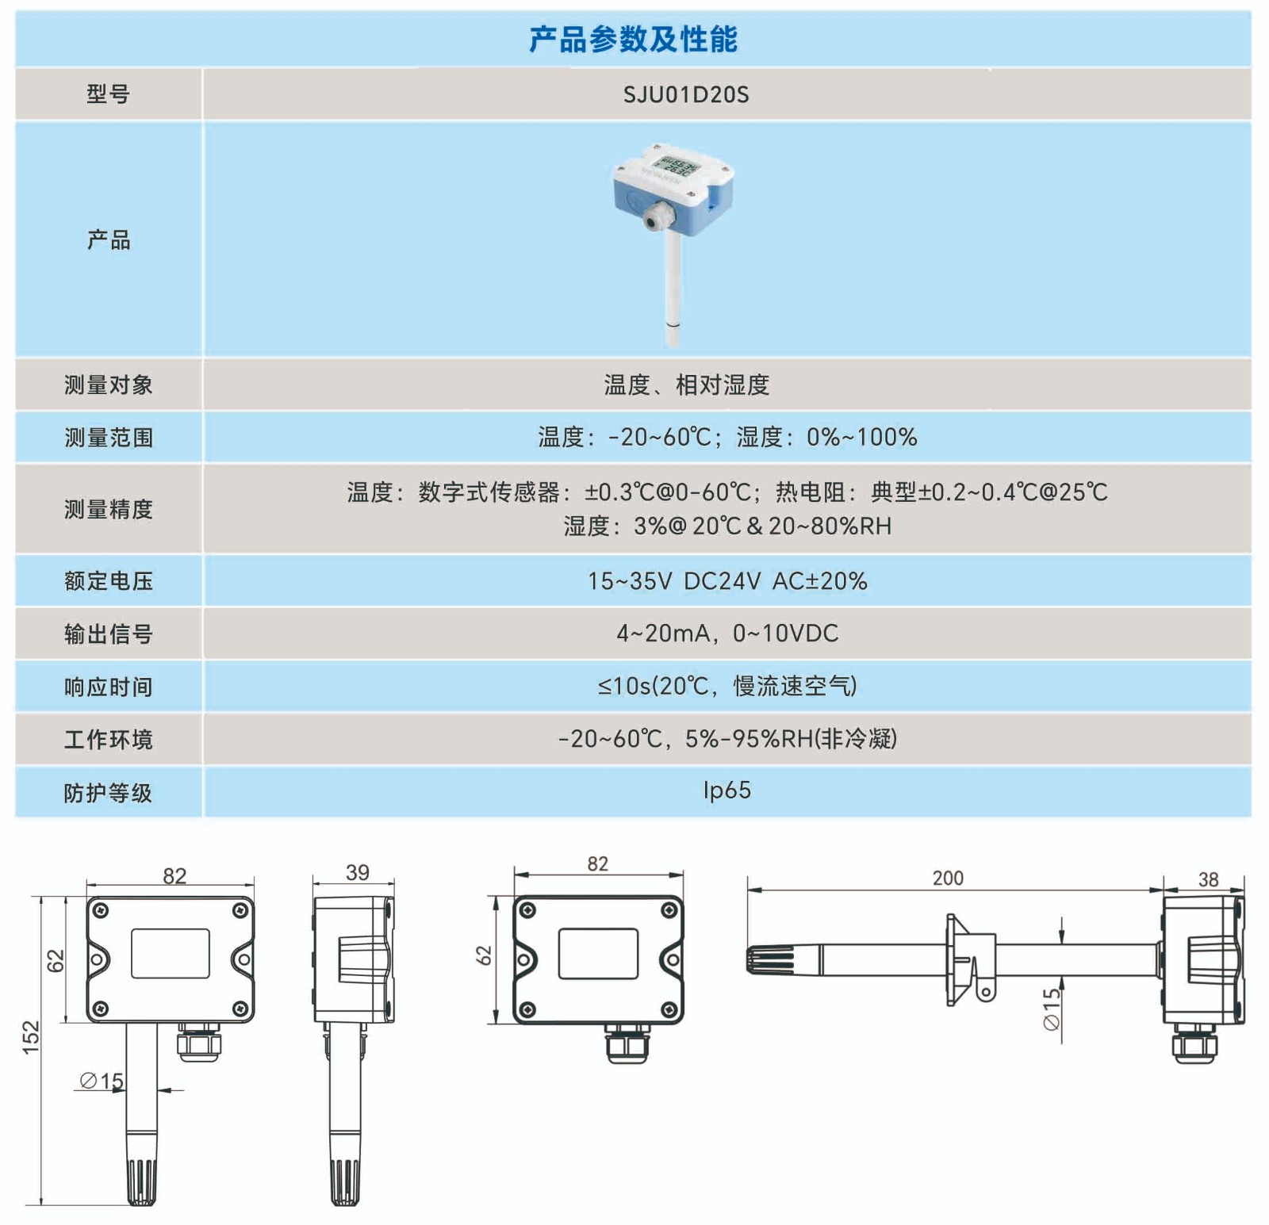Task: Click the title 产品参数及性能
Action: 633,39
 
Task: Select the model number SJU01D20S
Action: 685,95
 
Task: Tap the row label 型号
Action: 108,95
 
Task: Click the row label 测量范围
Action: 108,438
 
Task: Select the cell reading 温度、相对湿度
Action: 685,385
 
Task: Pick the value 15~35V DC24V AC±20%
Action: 727,581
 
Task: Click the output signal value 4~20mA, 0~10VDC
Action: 727,634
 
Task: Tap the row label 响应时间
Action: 108,687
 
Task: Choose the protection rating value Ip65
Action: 727,791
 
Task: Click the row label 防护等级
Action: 108,793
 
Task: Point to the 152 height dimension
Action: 30,1037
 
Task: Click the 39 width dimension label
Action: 357,873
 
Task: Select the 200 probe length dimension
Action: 947,879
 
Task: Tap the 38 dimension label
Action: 1208,879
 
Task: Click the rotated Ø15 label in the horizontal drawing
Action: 1052,1009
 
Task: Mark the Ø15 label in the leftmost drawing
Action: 102,1081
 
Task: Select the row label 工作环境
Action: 108,740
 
